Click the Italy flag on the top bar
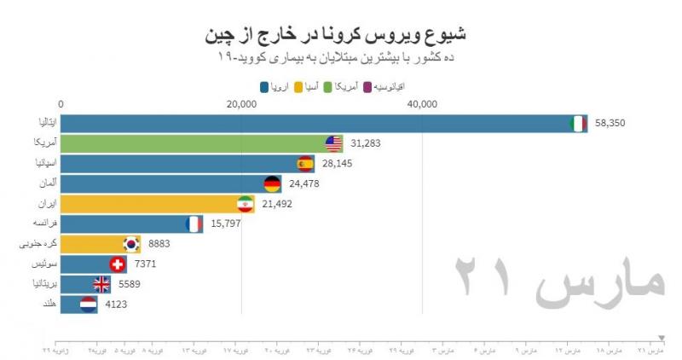coord(578,124)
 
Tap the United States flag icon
coord(334,144)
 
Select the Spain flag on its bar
coord(305,164)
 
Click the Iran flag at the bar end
coord(245,205)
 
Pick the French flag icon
coord(194,224)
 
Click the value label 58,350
coord(610,124)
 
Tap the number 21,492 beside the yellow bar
coord(276,205)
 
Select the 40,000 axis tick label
coord(423,105)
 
